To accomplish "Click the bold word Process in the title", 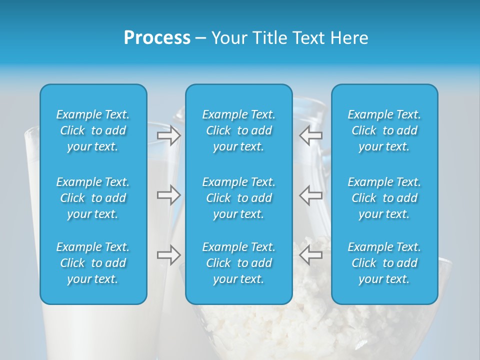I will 157,38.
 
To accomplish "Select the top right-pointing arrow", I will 169,135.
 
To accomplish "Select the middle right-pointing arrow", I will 169,195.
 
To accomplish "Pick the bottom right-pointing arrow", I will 169,255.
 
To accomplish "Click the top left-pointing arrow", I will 310,135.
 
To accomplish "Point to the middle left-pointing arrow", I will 310,195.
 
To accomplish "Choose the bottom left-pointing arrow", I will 310,255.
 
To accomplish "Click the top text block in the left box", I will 93,130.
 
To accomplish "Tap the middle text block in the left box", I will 93,198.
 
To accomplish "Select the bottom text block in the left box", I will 93,263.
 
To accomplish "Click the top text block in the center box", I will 239,130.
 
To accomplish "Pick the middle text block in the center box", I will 239,198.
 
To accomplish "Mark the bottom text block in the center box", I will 239,263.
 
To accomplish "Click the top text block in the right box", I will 384,130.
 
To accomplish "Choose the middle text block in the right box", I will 384,198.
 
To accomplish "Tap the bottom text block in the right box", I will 384,263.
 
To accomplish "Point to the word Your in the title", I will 229,38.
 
